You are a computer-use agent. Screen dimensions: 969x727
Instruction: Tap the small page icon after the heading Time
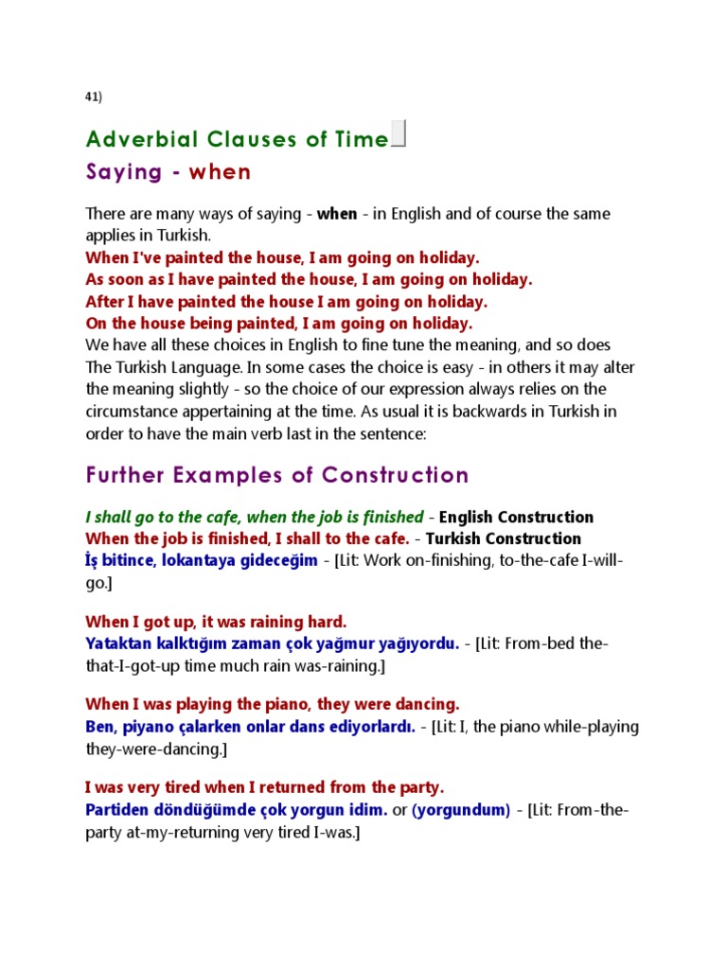pos(399,134)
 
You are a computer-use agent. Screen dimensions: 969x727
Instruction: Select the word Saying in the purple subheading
pos(124,172)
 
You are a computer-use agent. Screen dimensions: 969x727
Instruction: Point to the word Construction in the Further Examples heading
pos(396,475)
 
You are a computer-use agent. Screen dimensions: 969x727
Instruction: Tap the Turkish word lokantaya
pos(203,560)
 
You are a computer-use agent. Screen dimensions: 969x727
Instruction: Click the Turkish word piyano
pos(148,727)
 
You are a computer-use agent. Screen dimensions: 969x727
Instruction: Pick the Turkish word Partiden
pos(117,810)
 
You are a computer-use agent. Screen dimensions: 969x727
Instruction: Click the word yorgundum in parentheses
pos(461,810)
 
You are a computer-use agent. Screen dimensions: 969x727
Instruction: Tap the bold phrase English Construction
pos(517,518)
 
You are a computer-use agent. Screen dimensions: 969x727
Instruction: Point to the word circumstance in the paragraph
pos(133,412)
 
